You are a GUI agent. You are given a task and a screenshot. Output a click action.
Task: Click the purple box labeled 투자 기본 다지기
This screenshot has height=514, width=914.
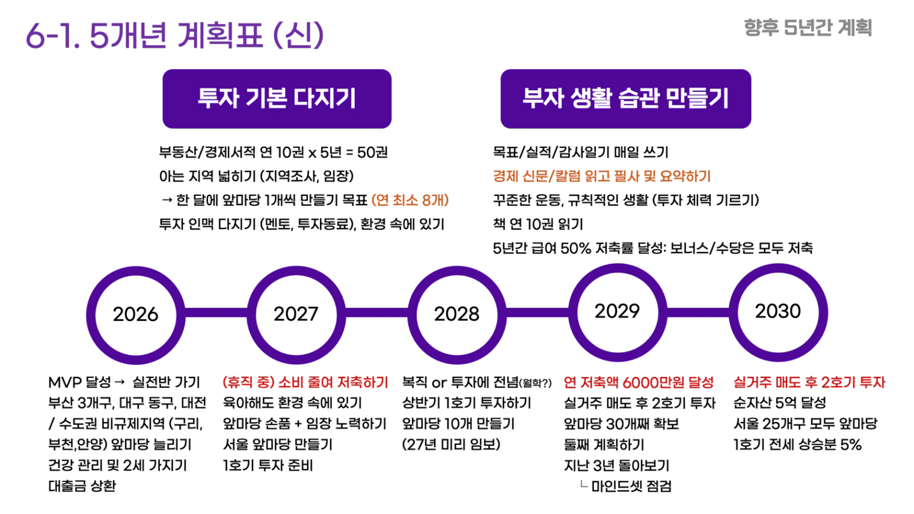[x=277, y=99]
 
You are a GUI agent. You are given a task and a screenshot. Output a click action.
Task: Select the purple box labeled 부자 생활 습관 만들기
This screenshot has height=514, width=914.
[x=626, y=99]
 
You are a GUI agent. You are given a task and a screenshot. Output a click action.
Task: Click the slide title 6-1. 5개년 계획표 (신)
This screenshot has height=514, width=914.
[x=174, y=35]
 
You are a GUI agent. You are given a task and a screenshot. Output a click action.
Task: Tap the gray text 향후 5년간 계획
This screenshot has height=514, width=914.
[x=808, y=28]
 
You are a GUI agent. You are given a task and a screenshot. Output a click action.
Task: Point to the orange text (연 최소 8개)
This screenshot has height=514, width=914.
[x=410, y=200]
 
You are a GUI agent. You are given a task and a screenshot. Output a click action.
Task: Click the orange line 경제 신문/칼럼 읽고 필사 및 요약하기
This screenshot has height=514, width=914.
[x=602, y=176]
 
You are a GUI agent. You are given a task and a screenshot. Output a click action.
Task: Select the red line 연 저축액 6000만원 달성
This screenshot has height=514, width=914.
[x=639, y=382]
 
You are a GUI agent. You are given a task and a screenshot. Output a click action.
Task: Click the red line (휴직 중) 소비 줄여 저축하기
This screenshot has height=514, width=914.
[x=305, y=382]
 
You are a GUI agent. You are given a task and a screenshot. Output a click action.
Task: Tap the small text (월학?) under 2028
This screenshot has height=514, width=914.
[x=535, y=384]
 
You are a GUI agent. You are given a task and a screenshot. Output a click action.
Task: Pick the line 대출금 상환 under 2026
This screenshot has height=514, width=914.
[x=82, y=486]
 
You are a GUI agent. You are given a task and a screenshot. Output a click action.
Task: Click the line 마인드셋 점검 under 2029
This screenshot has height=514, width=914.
[x=631, y=486]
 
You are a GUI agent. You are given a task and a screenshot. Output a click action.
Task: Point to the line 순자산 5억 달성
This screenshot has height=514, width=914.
[x=780, y=403]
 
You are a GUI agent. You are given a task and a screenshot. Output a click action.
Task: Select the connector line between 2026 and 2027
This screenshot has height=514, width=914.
[x=216, y=313]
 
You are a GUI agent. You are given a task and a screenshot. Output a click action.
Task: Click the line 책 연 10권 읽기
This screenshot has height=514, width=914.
[x=538, y=224]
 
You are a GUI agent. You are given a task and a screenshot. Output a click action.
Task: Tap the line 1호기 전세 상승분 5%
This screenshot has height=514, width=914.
[x=797, y=445]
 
